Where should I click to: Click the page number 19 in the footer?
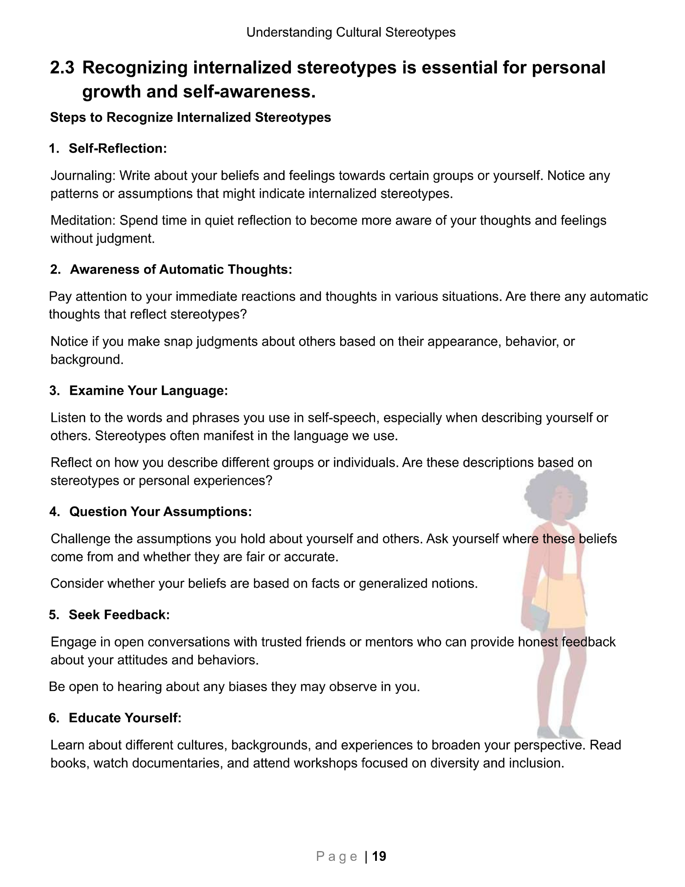379,856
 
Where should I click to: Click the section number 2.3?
63,68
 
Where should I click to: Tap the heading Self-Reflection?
117,148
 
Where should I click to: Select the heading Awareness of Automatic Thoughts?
181,269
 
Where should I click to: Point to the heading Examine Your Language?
149,390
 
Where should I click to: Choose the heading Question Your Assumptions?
160,511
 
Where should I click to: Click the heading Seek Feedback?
119,615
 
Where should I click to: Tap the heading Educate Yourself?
125,718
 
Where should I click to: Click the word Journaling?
82,176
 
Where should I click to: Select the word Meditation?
83,220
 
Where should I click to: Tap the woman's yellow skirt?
561,599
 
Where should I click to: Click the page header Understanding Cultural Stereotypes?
351,32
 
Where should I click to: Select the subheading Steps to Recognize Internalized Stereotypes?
190,118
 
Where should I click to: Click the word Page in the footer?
337,856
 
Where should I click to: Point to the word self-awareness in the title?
249,92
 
